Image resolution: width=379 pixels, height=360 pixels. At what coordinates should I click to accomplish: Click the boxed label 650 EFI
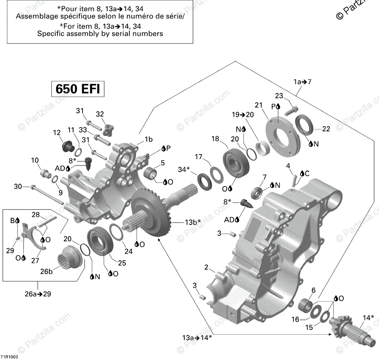(x=78, y=89)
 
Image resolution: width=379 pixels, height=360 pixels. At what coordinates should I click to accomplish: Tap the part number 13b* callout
(x=193, y=221)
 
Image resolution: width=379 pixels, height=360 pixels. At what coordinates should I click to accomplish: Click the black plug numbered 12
(x=67, y=146)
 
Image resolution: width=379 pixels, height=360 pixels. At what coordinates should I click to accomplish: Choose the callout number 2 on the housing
(x=207, y=268)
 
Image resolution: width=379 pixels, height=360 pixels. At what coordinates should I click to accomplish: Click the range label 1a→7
(x=302, y=82)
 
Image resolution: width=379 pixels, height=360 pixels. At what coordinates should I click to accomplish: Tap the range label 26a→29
(x=38, y=294)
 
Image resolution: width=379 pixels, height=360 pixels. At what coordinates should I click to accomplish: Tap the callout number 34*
(x=183, y=170)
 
